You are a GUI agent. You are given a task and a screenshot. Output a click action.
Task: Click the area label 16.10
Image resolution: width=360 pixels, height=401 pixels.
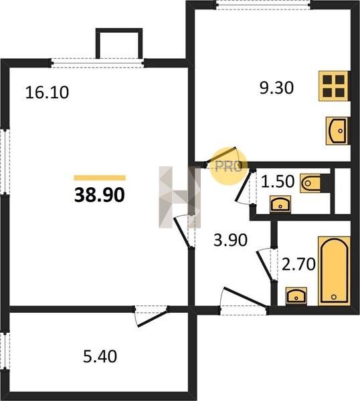coord(47,92)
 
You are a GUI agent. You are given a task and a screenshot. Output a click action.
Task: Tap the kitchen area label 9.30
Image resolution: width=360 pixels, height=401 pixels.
coord(276,88)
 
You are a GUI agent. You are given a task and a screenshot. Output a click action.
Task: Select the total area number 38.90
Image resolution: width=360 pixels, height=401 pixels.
coord(99,195)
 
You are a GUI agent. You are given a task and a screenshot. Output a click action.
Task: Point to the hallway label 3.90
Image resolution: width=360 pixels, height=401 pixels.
coord(230,240)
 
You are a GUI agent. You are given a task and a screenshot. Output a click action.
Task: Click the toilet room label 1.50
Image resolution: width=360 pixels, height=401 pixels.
coord(278,181)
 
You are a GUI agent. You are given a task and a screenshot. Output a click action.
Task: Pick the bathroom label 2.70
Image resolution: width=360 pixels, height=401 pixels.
coord(298,264)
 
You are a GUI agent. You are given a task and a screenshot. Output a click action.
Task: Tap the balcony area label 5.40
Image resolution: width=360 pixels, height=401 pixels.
coord(100,356)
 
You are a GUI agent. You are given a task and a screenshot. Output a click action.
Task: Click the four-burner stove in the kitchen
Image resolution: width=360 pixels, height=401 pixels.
coord(334,86)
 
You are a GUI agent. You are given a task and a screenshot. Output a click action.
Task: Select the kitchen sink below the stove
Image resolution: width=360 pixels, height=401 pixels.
coord(337,131)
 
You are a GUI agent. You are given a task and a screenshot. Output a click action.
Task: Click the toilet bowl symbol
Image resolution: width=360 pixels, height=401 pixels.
coord(310,183)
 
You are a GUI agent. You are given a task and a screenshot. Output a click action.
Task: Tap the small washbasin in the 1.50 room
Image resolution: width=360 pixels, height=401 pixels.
coord(280,204)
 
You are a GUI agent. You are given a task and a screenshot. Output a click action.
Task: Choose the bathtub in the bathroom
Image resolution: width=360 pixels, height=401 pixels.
coord(334,271)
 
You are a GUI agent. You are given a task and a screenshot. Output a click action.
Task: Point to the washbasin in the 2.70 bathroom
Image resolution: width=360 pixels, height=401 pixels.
coord(296,296)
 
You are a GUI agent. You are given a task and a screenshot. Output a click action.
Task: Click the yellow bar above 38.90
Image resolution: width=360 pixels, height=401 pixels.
coord(100,178)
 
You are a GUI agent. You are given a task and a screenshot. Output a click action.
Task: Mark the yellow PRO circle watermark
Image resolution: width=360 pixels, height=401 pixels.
coord(229,166)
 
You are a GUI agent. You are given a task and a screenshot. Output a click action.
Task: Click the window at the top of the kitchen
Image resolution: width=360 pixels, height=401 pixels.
coord(264,5)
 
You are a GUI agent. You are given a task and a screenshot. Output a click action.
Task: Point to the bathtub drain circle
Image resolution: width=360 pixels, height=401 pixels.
coord(333,297)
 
